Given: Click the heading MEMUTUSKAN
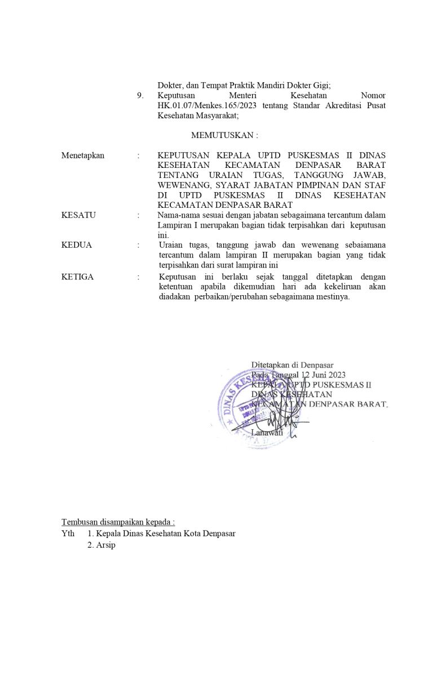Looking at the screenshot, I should [x=224, y=135].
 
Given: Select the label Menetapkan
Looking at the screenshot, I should [x=83, y=155].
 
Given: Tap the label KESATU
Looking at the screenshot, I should [x=78, y=215].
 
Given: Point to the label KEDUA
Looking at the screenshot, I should [x=77, y=245].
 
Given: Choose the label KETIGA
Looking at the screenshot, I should [x=78, y=277].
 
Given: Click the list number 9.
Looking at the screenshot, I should [x=140, y=96].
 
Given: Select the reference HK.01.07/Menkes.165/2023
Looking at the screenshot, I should [x=205, y=106].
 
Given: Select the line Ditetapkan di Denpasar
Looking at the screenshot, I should [x=292, y=365].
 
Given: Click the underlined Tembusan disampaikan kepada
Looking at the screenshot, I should [x=118, y=522].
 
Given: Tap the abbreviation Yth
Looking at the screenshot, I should [x=68, y=533].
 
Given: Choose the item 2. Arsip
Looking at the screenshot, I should [x=101, y=545].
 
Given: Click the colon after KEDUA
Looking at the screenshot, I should [x=138, y=245].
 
